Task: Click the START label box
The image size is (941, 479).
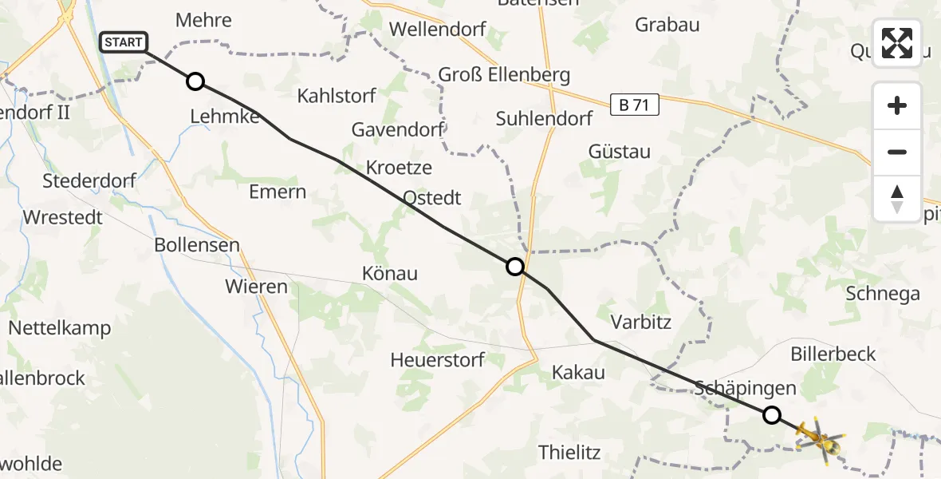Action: coord(124,42)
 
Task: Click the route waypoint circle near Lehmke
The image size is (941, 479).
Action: coord(195,81)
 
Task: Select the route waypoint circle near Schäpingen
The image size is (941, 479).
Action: coord(771,414)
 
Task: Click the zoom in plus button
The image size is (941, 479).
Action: coord(897,105)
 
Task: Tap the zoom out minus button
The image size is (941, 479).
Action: coord(897,152)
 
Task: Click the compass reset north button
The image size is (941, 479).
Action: coord(897,199)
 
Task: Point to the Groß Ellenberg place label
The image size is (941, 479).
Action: coord(504,76)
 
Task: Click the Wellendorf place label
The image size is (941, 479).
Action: coord(437,30)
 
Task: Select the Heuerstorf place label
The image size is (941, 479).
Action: coord(437,360)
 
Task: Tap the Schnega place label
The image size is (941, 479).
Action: coord(883,294)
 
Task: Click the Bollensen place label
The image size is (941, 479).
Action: coord(197,245)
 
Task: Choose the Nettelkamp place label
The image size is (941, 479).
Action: coord(60,328)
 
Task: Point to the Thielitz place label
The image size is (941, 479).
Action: coord(569,453)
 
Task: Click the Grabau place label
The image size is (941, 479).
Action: coord(667,25)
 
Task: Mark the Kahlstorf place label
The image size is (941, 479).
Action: coord(337,97)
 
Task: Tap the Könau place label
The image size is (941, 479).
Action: coord(390,274)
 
